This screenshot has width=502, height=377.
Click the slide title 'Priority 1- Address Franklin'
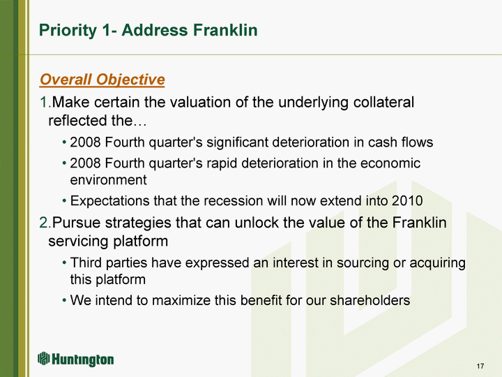148,31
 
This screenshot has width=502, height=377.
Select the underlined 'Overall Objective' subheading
102,80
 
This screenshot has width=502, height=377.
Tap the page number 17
480,366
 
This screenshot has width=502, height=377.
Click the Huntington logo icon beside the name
43,359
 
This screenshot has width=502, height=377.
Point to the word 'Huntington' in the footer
82,360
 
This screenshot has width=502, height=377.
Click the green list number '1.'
45,102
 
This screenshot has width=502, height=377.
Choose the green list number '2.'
45,223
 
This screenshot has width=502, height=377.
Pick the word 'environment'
108,180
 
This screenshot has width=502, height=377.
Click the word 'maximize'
181,300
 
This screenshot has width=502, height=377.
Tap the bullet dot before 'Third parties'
64,263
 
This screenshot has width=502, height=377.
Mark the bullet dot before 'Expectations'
64,201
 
